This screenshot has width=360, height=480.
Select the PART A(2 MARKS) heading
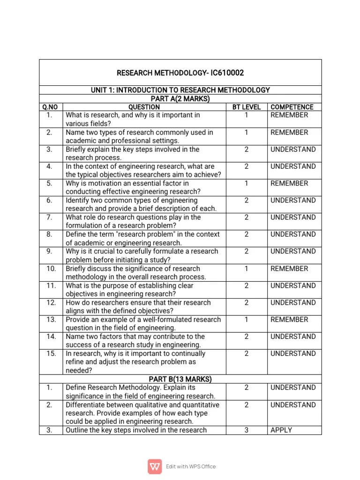tap(180, 98)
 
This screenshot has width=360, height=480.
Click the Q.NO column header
tap(50, 107)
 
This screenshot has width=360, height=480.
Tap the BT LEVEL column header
tap(246, 107)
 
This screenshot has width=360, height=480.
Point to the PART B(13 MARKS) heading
tap(180, 379)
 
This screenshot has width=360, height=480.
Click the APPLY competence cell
tap(281, 430)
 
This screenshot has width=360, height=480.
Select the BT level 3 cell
tap(246, 430)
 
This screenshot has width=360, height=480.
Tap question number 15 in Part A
tap(51, 353)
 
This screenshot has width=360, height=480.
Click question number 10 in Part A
tap(51, 269)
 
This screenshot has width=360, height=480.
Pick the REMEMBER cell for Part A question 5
tap(289, 183)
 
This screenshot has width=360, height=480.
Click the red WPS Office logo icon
tap(155, 466)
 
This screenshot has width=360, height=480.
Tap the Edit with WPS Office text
tap(191, 466)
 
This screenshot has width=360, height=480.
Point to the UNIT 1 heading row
tap(180, 90)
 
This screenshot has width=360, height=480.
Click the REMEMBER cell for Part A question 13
tap(289, 319)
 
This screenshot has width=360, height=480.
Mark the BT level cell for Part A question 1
tap(246, 115)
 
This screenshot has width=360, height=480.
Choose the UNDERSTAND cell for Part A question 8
tap(293, 234)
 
